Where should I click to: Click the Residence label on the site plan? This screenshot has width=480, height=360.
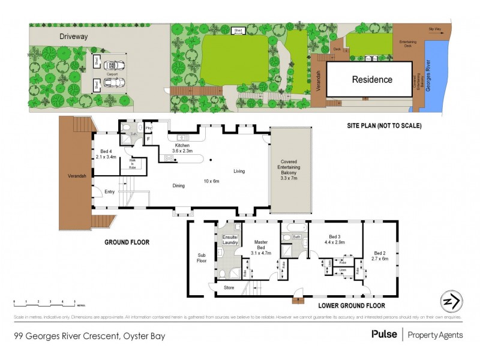371,79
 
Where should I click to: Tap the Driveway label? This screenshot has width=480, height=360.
74,37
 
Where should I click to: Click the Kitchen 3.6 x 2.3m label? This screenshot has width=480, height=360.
182,148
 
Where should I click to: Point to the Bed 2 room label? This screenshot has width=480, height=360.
381,256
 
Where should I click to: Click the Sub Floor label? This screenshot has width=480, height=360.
202,257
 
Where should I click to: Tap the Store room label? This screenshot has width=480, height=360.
228,287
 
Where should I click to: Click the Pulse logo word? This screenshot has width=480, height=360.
383,334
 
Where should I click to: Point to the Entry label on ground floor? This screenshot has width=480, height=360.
109,191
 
